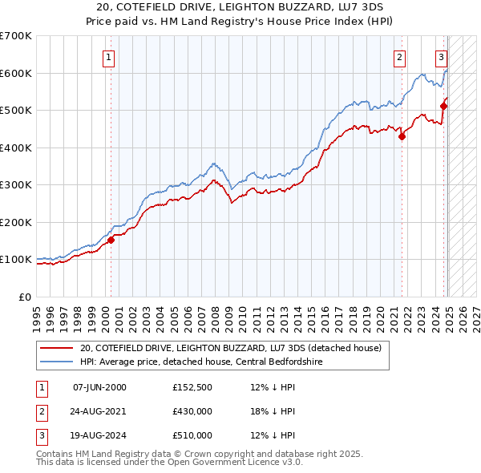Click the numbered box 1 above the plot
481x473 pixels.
click(x=107, y=57)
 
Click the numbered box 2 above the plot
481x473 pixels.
click(x=399, y=57)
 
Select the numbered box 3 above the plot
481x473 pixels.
click(x=441, y=57)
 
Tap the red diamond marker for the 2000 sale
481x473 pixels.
click(x=111, y=240)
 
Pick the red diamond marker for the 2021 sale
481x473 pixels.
click(x=402, y=136)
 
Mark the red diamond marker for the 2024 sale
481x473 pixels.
click(x=443, y=106)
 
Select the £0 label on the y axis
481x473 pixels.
click(x=25, y=297)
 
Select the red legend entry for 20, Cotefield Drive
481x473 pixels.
click(x=234, y=348)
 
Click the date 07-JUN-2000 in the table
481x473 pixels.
click(x=99, y=388)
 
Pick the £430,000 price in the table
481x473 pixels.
click(x=192, y=412)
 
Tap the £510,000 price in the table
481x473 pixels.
click(x=192, y=435)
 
